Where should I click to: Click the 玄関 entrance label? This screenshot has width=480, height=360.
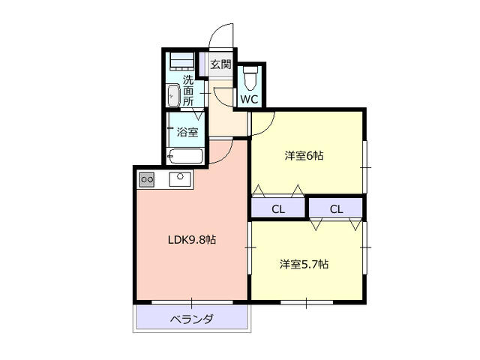220,64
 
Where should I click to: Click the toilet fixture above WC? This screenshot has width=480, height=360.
250,77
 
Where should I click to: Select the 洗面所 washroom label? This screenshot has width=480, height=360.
188,90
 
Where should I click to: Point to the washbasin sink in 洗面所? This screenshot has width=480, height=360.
174,96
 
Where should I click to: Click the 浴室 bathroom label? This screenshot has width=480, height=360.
188,133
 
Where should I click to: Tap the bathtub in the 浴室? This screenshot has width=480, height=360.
185,157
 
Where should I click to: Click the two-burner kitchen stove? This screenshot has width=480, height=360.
147,179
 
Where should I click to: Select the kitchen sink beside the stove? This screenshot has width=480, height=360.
181,179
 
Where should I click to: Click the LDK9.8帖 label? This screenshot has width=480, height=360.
191,240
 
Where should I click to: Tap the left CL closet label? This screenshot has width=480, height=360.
277,208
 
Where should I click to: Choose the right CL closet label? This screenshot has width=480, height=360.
335,208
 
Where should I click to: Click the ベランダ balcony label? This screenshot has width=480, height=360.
191,319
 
